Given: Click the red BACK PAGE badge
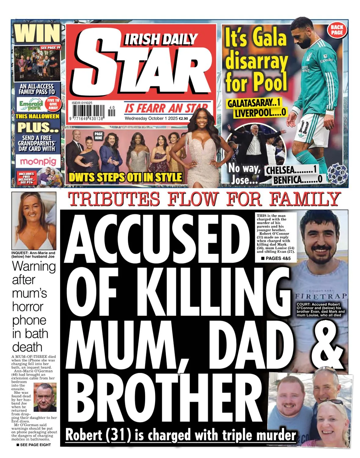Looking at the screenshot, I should click(337, 30).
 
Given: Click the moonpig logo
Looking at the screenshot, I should click(38, 161).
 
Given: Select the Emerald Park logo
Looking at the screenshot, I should click(31, 104).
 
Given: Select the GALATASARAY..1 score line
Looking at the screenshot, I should click(254, 103).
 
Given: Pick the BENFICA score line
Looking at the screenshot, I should click(298, 180).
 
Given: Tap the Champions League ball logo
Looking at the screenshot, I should click(337, 173).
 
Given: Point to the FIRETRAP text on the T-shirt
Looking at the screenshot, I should click(321, 296).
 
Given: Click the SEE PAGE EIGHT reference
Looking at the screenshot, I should click(34, 445).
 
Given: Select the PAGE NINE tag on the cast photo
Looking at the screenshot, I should click(98, 136).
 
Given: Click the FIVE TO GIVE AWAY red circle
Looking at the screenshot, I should click(53, 104).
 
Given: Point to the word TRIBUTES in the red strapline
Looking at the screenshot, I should click(114, 199).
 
